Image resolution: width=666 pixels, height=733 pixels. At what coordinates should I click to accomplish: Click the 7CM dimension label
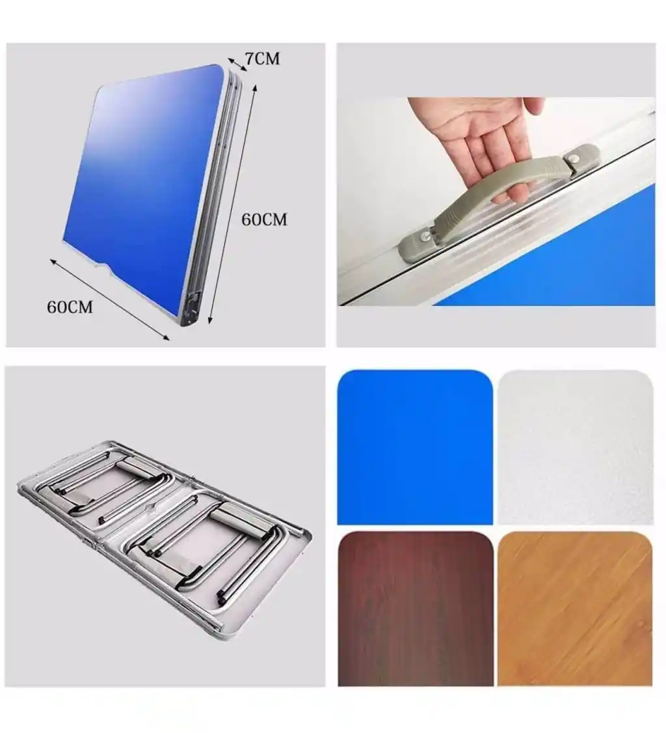tap(263, 59)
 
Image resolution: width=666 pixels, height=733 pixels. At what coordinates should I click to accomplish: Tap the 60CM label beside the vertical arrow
tap(264, 219)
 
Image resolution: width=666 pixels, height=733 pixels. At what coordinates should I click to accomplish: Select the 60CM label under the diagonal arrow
tap(70, 307)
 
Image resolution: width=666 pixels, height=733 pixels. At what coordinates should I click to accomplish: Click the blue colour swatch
tap(415, 447)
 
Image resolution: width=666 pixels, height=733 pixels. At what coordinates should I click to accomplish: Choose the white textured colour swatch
tap(576, 447)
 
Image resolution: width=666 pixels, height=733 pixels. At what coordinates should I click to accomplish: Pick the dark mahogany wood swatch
tap(415, 608)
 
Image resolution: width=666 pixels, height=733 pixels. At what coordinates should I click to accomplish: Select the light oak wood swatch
tap(575, 608)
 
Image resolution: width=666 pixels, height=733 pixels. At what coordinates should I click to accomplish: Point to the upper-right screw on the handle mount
tap(574, 159)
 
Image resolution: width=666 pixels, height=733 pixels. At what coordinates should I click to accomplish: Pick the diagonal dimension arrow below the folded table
tap(110, 299)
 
